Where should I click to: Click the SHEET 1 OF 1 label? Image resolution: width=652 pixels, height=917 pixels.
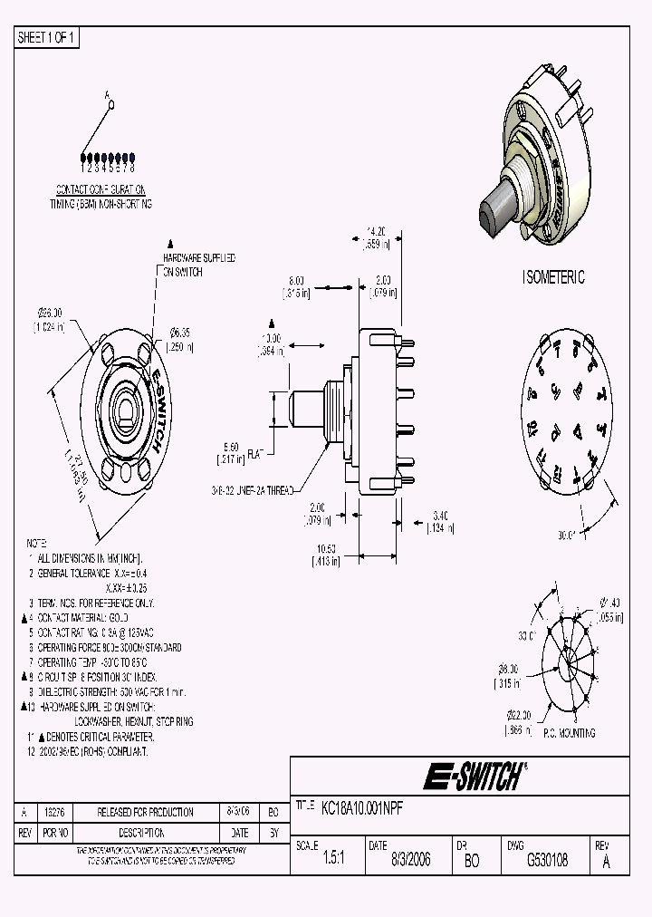coord(48,38)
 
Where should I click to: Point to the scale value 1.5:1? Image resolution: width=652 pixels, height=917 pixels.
coord(333,861)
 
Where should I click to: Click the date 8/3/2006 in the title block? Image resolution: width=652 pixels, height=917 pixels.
coord(411,861)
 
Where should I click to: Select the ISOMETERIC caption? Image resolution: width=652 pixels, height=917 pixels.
coord(553,277)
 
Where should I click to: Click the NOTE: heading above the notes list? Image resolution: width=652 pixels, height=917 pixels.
coord(37,543)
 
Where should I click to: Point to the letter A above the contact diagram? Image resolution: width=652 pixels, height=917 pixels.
coord(107,94)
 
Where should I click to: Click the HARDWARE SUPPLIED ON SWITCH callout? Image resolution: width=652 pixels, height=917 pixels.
coord(198,265)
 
